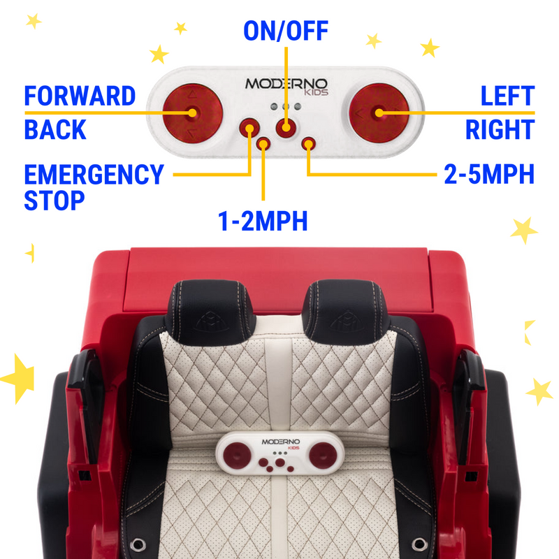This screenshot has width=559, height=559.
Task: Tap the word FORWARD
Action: point(80,96)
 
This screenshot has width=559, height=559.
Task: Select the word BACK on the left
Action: point(55,130)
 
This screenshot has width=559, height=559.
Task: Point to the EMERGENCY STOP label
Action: point(93,187)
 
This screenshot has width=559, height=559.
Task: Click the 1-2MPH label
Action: point(263,221)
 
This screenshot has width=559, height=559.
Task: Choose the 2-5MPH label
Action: point(489,175)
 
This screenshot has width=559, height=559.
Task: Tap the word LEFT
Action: point(507,96)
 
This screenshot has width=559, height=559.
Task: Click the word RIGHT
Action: point(500,130)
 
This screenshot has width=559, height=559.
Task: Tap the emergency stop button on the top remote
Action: point(250,128)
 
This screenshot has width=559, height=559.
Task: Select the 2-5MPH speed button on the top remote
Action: point(308,144)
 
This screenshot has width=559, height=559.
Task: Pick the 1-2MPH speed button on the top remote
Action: point(263,144)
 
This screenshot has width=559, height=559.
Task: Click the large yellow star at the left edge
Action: point(15,377)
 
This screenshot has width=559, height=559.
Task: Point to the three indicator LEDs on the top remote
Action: point(285,106)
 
